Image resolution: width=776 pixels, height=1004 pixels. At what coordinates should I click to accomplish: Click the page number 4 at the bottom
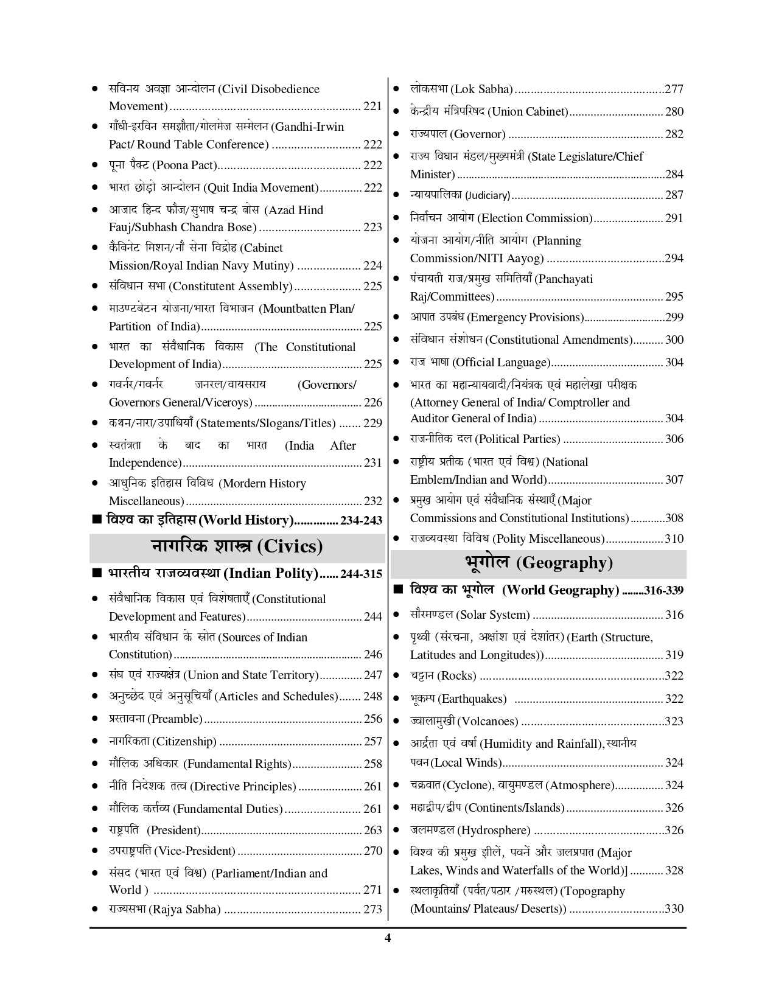click(x=388, y=938)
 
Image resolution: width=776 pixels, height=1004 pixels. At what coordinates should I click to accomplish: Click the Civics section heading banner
click(x=237, y=546)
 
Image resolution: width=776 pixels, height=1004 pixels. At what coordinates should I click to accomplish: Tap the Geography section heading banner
click(x=538, y=563)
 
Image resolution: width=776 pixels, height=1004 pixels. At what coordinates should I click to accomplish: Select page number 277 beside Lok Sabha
click(x=674, y=89)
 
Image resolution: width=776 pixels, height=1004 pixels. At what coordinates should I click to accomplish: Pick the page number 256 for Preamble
click(x=372, y=719)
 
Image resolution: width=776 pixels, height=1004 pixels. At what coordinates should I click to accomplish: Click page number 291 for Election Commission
click(x=674, y=218)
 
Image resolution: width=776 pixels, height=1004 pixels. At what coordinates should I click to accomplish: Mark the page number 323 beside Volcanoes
click(x=674, y=722)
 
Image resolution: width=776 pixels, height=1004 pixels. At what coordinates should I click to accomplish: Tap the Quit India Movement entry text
click(x=214, y=188)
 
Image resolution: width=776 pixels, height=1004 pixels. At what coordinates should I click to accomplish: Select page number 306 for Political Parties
click(x=674, y=439)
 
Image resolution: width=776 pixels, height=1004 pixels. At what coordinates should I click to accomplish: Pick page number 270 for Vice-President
click(x=372, y=851)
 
